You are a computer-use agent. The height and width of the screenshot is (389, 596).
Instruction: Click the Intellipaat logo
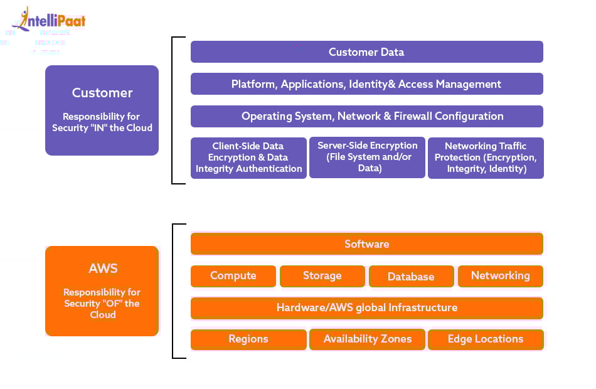tap(53, 20)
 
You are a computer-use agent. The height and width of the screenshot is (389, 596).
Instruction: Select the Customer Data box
tap(366, 52)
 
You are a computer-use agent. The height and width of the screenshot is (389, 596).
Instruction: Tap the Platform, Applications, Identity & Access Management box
tap(366, 84)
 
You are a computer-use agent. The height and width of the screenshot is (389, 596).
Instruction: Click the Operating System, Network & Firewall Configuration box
tap(366, 116)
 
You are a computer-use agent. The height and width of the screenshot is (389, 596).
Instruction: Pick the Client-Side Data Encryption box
tap(248, 157)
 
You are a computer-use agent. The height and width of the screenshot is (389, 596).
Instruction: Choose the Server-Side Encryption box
tap(367, 157)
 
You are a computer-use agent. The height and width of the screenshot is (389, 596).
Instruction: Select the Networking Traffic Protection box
tap(486, 157)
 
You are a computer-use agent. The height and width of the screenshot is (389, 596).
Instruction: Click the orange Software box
tap(366, 244)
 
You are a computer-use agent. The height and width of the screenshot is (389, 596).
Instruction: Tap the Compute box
tap(233, 276)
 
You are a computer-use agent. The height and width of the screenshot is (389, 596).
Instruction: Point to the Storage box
tap(322, 276)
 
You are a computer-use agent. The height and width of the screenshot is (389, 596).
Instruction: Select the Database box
tap(411, 277)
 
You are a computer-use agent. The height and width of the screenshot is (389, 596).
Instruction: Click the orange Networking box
tap(500, 276)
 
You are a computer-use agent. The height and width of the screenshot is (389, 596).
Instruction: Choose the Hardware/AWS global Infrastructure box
tap(366, 308)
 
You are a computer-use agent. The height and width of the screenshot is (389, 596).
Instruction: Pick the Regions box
tap(248, 339)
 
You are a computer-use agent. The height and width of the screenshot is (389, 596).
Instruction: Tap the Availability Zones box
tap(367, 339)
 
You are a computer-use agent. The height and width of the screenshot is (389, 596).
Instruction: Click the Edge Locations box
tap(486, 339)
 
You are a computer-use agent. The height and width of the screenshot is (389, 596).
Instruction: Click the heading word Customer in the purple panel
tap(102, 93)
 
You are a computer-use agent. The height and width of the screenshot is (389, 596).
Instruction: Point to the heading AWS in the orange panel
tap(103, 269)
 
